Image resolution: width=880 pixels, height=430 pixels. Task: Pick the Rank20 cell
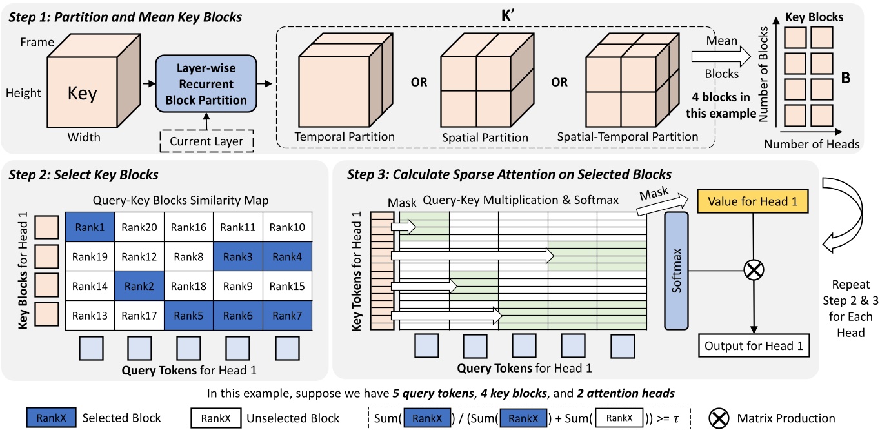click(x=139, y=227)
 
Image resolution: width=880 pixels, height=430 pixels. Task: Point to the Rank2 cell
click(x=139, y=286)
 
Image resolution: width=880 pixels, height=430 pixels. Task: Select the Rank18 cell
click(x=190, y=286)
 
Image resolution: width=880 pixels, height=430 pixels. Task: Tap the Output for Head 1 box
click(x=753, y=345)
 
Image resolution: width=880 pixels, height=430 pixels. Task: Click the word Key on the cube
click(x=82, y=94)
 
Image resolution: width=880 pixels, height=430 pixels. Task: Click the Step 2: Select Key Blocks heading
click(x=84, y=176)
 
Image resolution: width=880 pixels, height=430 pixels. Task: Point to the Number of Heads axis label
click(x=812, y=145)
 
